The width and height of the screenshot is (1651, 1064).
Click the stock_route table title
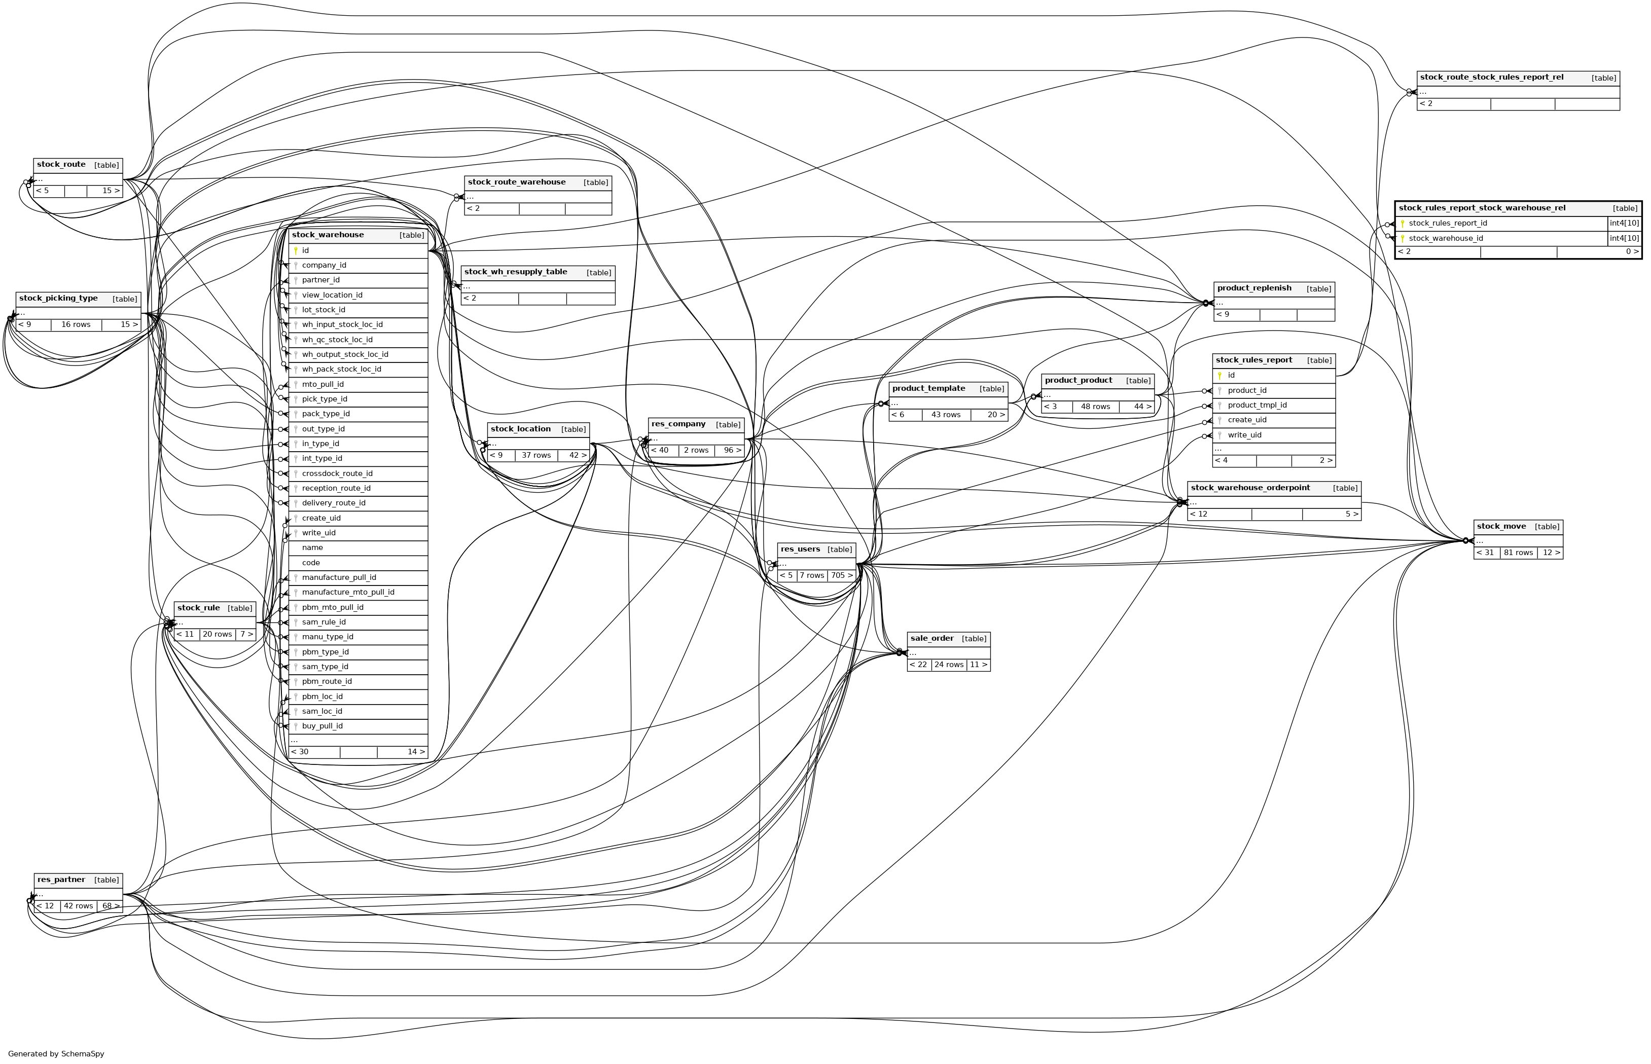coord(61,164)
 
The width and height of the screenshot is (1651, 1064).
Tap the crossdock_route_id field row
coord(337,474)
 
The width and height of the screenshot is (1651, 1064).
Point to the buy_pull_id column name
coord(322,726)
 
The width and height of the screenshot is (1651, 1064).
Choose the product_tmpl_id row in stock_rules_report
coord(1257,406)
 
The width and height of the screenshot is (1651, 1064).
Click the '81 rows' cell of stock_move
coord(1518,553)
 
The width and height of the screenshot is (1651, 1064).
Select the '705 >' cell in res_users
coord(842,575)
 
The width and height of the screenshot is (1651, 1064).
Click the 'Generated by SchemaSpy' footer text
coord(56,1054)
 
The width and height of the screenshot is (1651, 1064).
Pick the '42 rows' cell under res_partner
coord(78,906)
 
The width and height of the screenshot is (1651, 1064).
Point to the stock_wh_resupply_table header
coord(516,272)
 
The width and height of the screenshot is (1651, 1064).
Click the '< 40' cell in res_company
coord(663,451)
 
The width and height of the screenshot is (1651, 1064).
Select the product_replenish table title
coord(1253,288)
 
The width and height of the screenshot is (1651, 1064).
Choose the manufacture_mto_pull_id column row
coord(348,592)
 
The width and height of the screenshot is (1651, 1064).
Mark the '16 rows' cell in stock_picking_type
coord(76,325)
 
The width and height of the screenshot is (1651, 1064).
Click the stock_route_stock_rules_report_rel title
coord(1491,78)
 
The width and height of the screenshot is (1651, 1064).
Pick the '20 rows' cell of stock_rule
coord(217,634)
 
